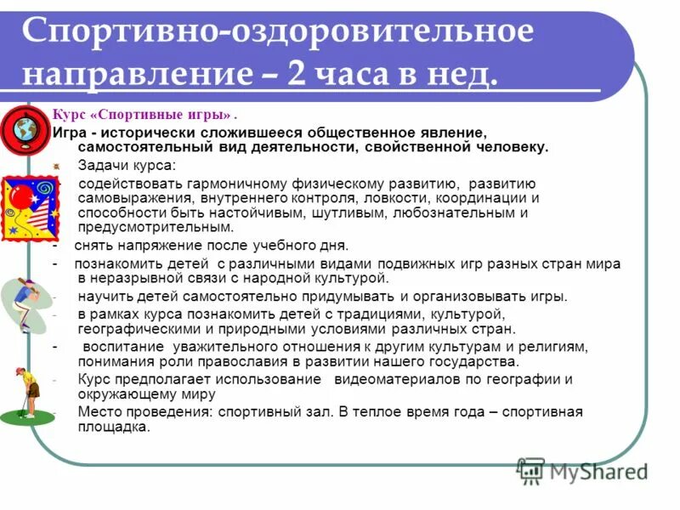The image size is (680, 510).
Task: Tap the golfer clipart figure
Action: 27,394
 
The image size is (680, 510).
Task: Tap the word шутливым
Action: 347,212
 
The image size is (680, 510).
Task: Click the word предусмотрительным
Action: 155,228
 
